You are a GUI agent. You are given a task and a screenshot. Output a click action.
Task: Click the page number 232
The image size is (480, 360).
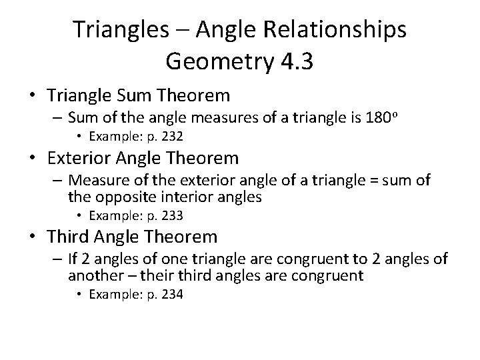(x=172, y=137)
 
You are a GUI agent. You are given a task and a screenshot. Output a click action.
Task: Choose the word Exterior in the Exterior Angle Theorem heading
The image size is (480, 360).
(x=85, y=159)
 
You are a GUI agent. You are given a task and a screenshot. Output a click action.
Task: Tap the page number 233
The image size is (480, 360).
(x=172, y=215)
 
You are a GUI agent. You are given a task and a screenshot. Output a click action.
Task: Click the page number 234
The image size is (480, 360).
(x=172, y=293)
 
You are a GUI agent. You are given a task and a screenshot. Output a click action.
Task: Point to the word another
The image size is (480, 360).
(x=93, y=275)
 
